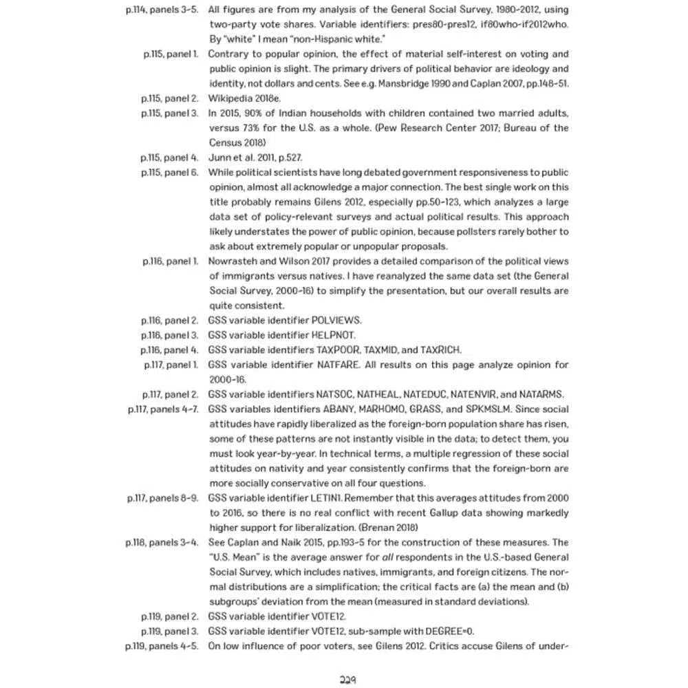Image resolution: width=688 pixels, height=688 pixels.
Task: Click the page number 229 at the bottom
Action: coord(347,680)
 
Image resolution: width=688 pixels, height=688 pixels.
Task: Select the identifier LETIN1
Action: coord(329,498)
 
